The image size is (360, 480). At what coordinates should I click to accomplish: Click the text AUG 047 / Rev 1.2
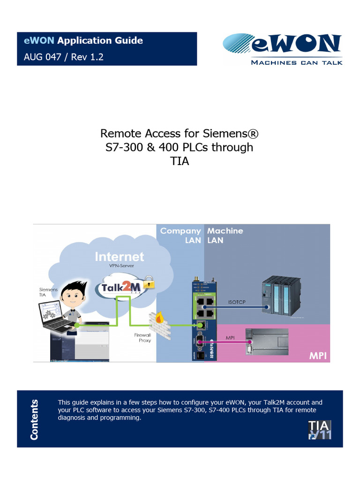[64, 57]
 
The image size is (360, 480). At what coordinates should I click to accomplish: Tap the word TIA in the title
[180, 162]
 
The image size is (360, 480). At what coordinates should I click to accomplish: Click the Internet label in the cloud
[120, 257]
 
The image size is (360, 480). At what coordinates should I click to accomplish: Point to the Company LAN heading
[180, 235]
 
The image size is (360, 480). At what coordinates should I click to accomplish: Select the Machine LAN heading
[225, 235]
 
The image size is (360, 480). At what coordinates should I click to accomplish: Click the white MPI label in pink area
[317, 356]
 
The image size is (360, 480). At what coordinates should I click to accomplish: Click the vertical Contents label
[34, 420]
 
